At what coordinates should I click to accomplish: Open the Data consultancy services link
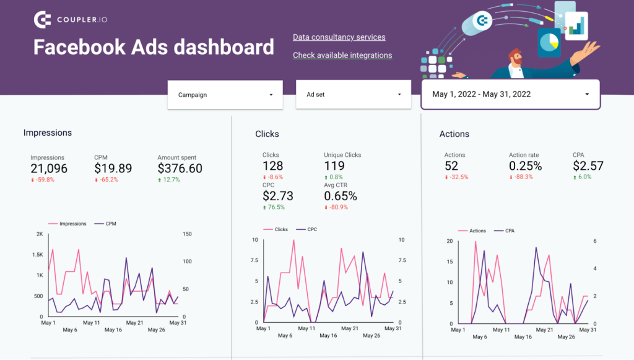(339, 37)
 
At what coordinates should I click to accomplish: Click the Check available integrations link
(342, 55)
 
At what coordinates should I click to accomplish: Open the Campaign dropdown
(225, 95)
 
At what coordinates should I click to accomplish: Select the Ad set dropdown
(353, 95)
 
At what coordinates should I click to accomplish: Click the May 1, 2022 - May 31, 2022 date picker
(510, 94)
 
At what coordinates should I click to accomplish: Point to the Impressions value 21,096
(49, 169)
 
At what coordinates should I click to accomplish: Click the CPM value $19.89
(113, 169)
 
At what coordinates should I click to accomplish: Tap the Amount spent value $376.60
(180, 169)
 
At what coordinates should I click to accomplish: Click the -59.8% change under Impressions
(43, 180)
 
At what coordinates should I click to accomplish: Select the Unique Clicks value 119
(334, 166)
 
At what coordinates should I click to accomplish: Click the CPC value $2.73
(277, 196)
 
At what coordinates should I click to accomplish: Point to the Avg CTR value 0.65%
(340, 196)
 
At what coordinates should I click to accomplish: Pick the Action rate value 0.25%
(525, 166)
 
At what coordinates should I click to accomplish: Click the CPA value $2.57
(588, 166)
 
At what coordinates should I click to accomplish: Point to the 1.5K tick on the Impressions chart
(37, 255)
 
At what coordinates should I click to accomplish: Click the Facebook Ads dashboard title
(153, 47)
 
